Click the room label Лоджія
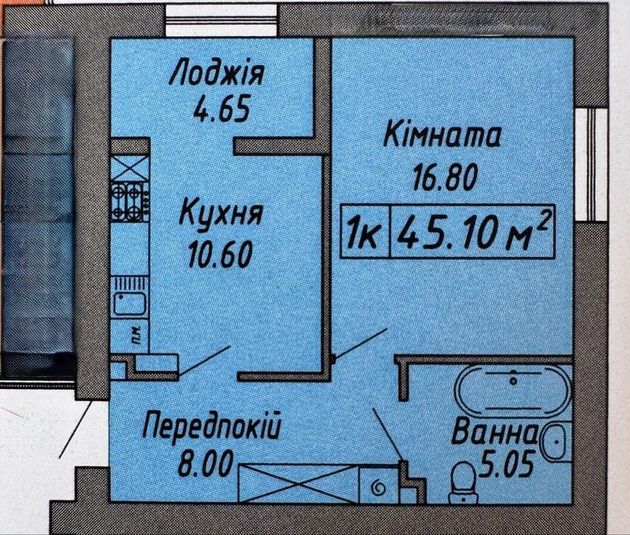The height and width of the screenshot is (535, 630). [217, 74]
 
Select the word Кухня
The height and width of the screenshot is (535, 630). [221, 213]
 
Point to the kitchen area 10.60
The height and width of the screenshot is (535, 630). [220, 252]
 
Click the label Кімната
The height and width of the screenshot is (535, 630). [443, 138]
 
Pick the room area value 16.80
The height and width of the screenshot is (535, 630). [444, 177]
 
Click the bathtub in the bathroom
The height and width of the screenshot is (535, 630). [513, 391]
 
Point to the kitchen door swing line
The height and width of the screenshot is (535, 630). [204, 361]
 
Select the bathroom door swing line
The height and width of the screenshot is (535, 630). [388, 433]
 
